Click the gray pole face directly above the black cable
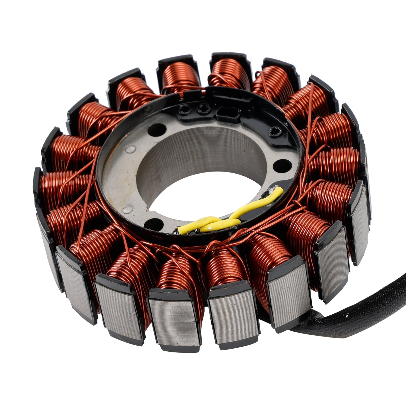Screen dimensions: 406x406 pyautogui.click(x=289, y=292)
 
